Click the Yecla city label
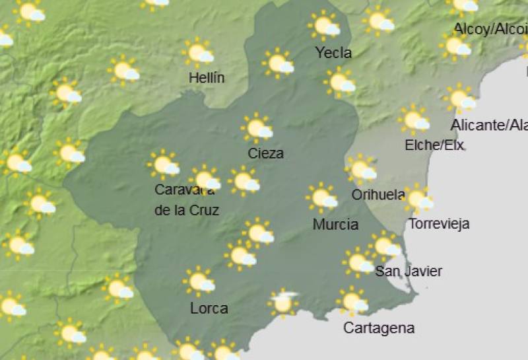(333, 53)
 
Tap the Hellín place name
(207, 78)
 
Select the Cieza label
(266, 154)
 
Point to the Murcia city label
(335, 225)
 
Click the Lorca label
(209, 308)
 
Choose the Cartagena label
(379, 328)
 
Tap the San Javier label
(409, 271)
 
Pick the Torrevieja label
(439, 223)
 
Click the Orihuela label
(378, 194)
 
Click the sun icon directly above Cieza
(257, 127)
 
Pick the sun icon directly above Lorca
(199, 281)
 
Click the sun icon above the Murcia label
(322, 198)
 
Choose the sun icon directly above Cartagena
(352, 301)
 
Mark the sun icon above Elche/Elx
(414, 120)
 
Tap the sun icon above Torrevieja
(417, 198)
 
